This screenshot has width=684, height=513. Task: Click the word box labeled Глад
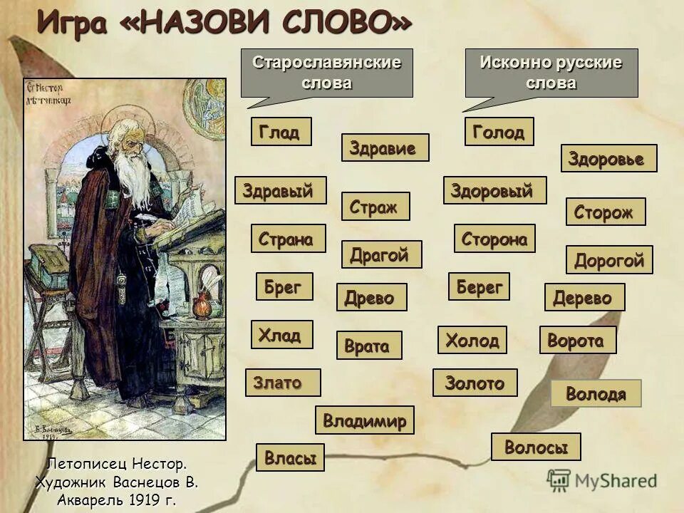281,132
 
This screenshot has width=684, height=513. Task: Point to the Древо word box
370,297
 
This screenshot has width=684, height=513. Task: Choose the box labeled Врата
368,346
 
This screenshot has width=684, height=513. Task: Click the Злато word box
282,383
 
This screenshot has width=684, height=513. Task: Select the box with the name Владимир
364,420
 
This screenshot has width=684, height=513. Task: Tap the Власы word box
290,457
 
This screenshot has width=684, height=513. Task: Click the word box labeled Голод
499,132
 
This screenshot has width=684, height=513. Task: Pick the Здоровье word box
608,158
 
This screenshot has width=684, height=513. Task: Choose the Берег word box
479,286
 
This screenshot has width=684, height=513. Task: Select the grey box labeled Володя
596,393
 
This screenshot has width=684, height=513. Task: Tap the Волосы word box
536,447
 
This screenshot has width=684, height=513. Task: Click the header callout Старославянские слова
326,72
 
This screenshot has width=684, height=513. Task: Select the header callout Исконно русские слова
551,72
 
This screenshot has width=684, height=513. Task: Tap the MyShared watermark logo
602,480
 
